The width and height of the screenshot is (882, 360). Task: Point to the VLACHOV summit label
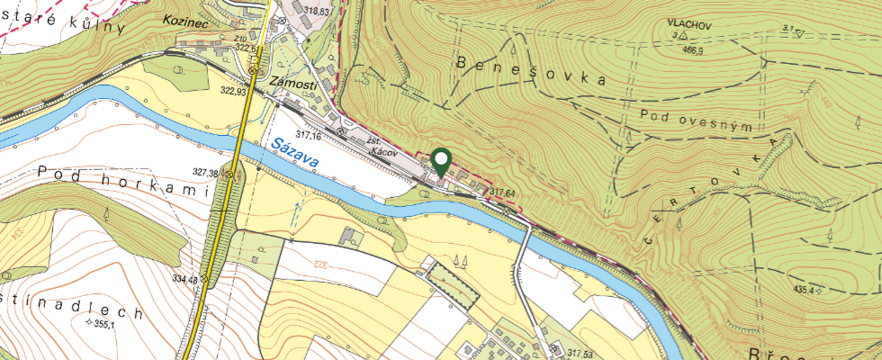(689, 26)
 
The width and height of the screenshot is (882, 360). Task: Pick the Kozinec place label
(186, 19)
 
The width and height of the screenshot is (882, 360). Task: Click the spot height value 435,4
(803, 290)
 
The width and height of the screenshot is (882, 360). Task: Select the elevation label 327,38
(206, 173)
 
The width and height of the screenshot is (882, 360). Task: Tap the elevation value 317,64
(503, 193)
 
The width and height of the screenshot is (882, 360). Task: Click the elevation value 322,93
(232, 91)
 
